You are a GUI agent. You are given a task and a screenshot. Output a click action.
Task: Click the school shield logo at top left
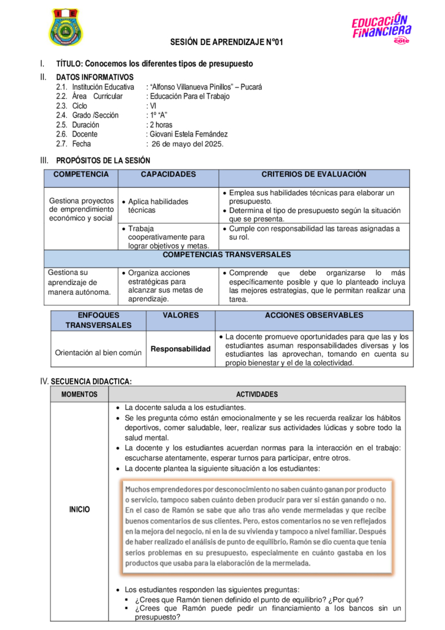coord(66,28)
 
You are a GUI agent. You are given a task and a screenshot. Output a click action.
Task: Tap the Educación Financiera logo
coord(382,28)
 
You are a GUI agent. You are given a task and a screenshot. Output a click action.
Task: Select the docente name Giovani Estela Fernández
coord(188,134)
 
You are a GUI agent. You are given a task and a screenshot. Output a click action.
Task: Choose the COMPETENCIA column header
coord(81,175)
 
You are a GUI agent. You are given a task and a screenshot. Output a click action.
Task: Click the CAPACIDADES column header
coord(168,175)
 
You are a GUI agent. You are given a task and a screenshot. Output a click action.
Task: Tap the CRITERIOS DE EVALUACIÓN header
coord(313,175)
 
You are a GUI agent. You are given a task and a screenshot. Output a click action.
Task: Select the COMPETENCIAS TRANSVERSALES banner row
coord(227,255)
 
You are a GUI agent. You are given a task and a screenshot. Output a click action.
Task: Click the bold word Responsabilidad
coord(181,349)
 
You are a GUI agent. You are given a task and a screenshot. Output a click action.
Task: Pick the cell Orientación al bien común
coord(98,353)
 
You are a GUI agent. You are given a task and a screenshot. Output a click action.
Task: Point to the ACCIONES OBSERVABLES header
coord(313,316)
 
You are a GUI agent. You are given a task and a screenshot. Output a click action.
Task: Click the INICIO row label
coord(79,509)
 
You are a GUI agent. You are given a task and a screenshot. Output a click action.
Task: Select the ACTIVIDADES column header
coord(257,394)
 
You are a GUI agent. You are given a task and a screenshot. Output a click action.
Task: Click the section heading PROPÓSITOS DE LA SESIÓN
coord(103,161)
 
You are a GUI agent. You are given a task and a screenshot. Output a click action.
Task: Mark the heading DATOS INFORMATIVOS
coord(95,78)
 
